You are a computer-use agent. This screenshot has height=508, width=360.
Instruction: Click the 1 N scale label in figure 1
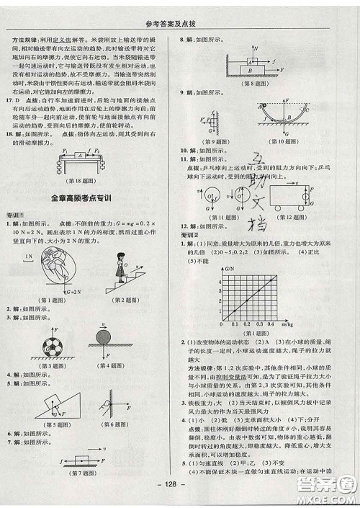(29, 255)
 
